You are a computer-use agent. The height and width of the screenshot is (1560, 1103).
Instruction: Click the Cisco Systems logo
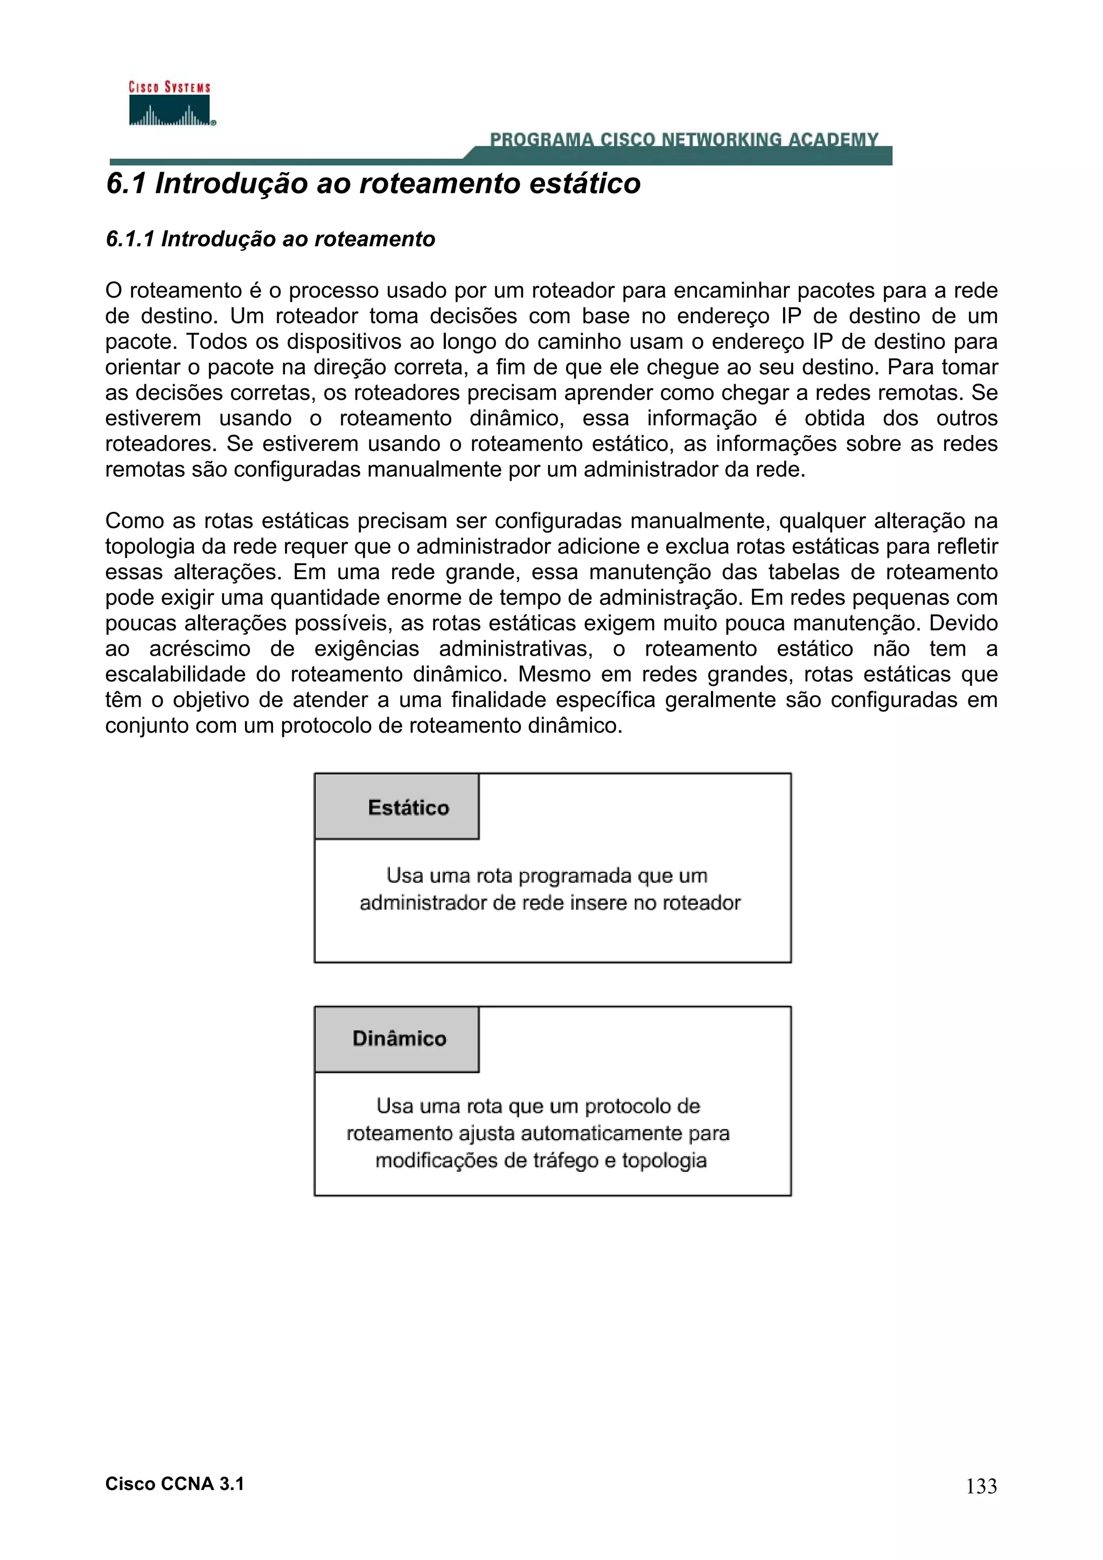tap(170, 104)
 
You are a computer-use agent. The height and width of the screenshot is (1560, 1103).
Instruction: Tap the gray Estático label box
tap(397, 806)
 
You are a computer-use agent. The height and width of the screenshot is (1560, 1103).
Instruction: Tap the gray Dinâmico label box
tap(397, 1039)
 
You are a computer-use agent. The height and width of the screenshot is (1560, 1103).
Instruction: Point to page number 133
tap(981, 1487)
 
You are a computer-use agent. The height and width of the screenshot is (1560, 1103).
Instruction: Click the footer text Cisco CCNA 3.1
tap(174, 1484)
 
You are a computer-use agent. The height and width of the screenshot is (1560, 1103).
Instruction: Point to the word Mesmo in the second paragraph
tap(550, 674)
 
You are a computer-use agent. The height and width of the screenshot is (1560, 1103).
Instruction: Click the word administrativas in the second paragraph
tap(514, 649)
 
